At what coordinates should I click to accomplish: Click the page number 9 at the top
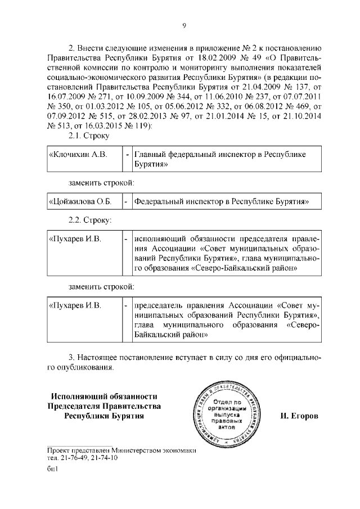(184, 24)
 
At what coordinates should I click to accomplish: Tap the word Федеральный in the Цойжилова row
(163, 201)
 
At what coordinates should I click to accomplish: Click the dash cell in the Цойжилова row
(127, 201)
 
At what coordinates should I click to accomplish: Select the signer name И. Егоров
(298, 416)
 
